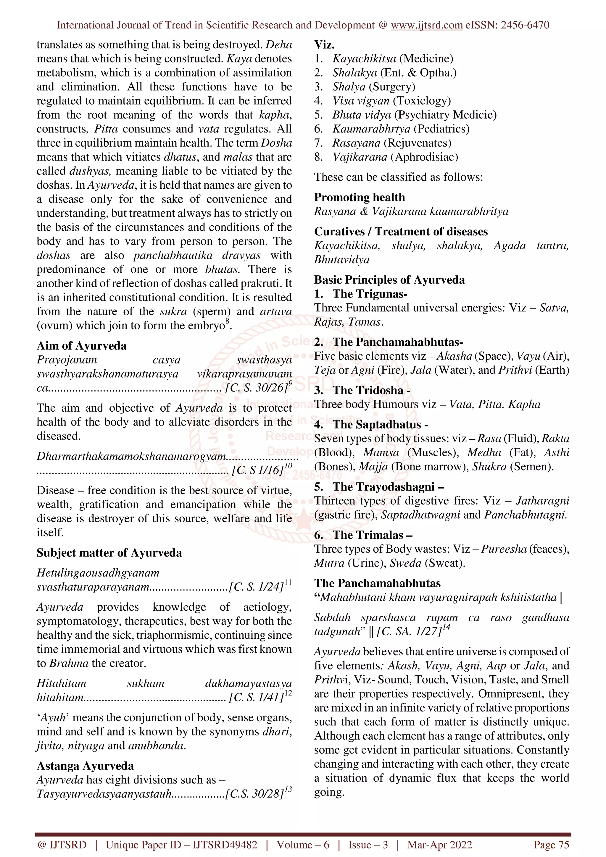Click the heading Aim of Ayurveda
[81, 346]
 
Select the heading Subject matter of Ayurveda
[109, 552]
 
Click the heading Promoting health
[359, 197]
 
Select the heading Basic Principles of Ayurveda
[389, 279]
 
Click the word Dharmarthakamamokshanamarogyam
[131, 456]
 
